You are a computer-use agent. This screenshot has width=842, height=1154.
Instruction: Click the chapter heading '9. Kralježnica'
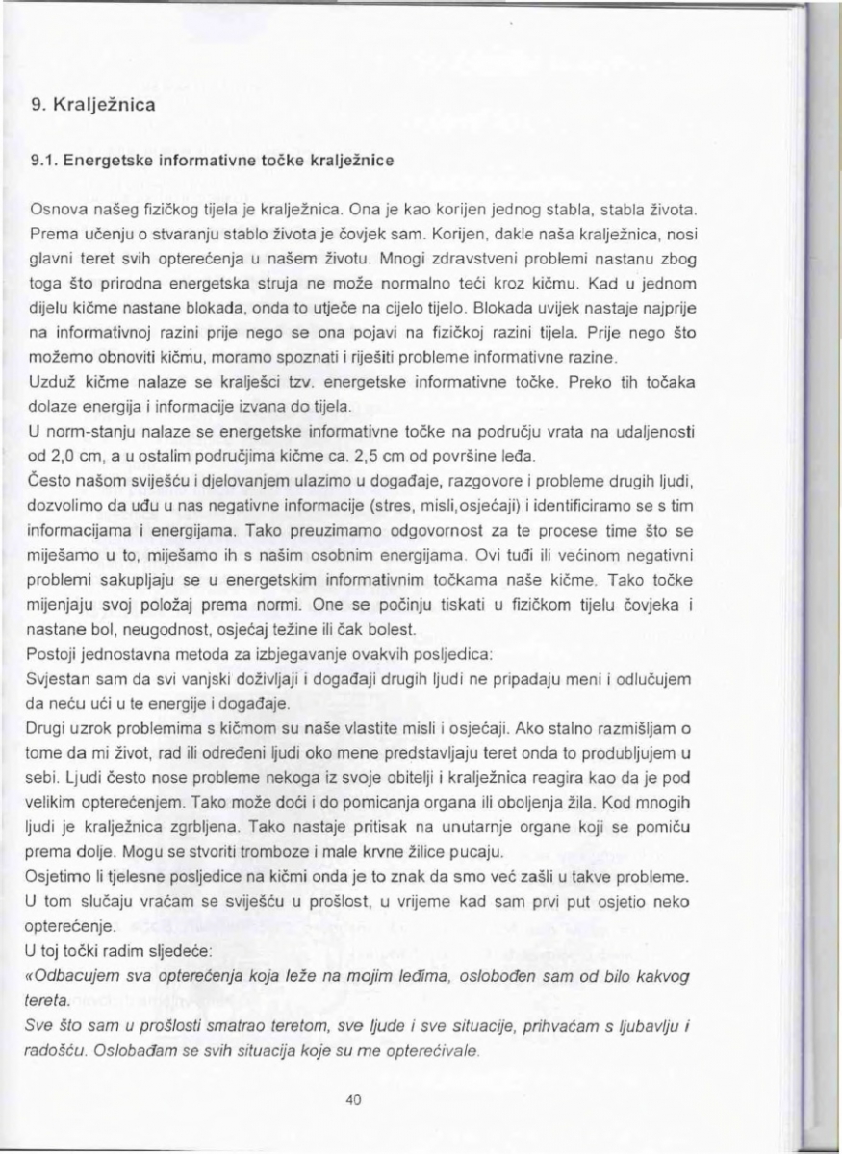[x=92, y=102]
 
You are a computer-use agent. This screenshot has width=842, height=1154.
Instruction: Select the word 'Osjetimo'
[x=61, y=877]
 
